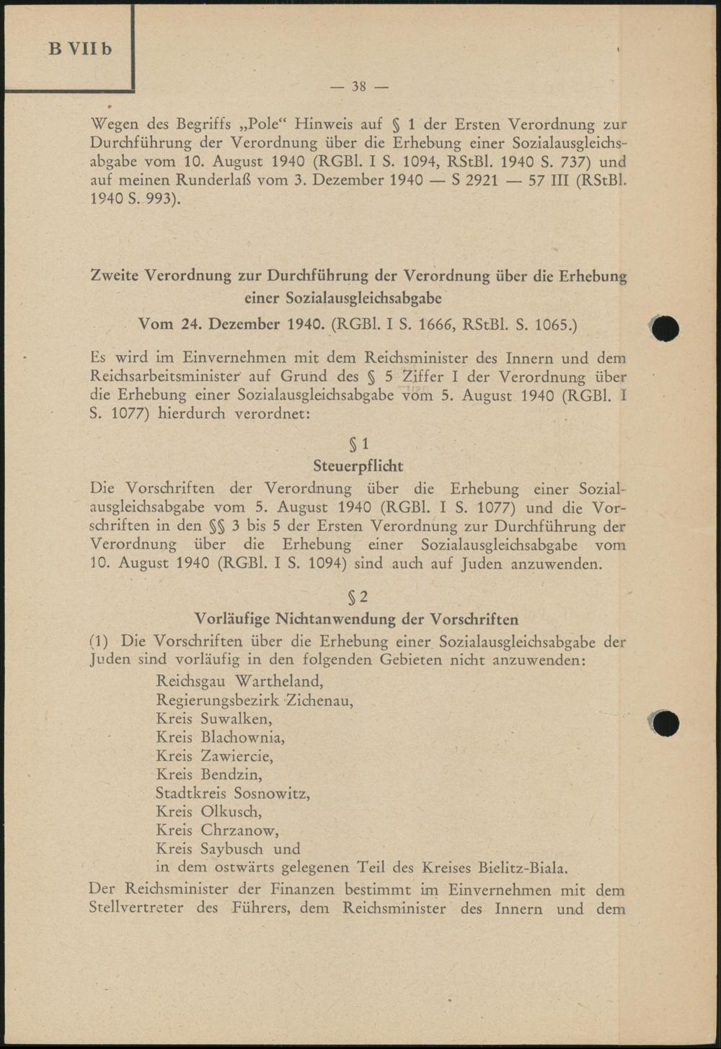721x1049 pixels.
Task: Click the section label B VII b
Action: (x=81, y=50)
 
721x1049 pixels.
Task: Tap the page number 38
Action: (x=358, y=87)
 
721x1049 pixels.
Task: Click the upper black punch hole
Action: (x=665, y=328)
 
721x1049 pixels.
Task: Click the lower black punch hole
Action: (x=665, y=722)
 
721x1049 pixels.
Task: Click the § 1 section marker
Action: (x=358, y=444)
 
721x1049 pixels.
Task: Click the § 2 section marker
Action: (x=358, y=597)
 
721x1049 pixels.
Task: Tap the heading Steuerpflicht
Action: (x=358, y=466)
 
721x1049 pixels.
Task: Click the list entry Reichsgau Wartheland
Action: (x=239, y=681)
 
